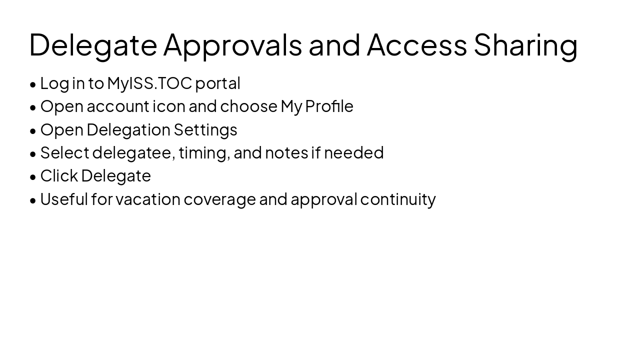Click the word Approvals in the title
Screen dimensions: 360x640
pyautogui.click(x=232, y=44)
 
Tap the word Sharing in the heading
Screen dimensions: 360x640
pyautogui.click(x=525, y=44)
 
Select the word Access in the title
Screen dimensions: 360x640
pyautogui.click(x=417, y=44)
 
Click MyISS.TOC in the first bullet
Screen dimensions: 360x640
pyautogui.click(x=149, y=83)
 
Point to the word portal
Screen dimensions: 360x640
pyautogui.click(x=217, y=83)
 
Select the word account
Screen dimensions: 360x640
pyautogui.click(x=118, y=106)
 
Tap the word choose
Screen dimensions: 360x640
pyautogui.click(x=248, y=106)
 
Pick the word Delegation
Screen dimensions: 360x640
pyautogui.click(x=128, y=130)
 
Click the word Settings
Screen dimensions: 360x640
pyautogui.click(x=205, y=130)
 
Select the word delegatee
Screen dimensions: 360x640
pyautogui.click(x=133, y=152)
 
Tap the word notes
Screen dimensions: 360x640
pyautogui.click(x=286, y=152)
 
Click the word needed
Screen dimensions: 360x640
pyautogui.click(x=354, y=152)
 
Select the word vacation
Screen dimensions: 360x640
pyautogui.click(x=147, y=199)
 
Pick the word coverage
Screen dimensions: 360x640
pyautogui.click(x=219, y=199)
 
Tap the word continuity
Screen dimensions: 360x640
pyautogui.click(x=398, y=199)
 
